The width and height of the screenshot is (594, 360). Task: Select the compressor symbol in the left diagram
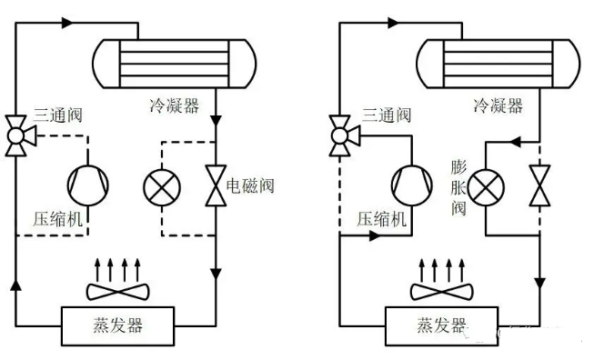(88, 185)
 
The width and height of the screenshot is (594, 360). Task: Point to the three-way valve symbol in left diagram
(15, 134)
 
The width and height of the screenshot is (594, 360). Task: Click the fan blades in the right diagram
(440, 290)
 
